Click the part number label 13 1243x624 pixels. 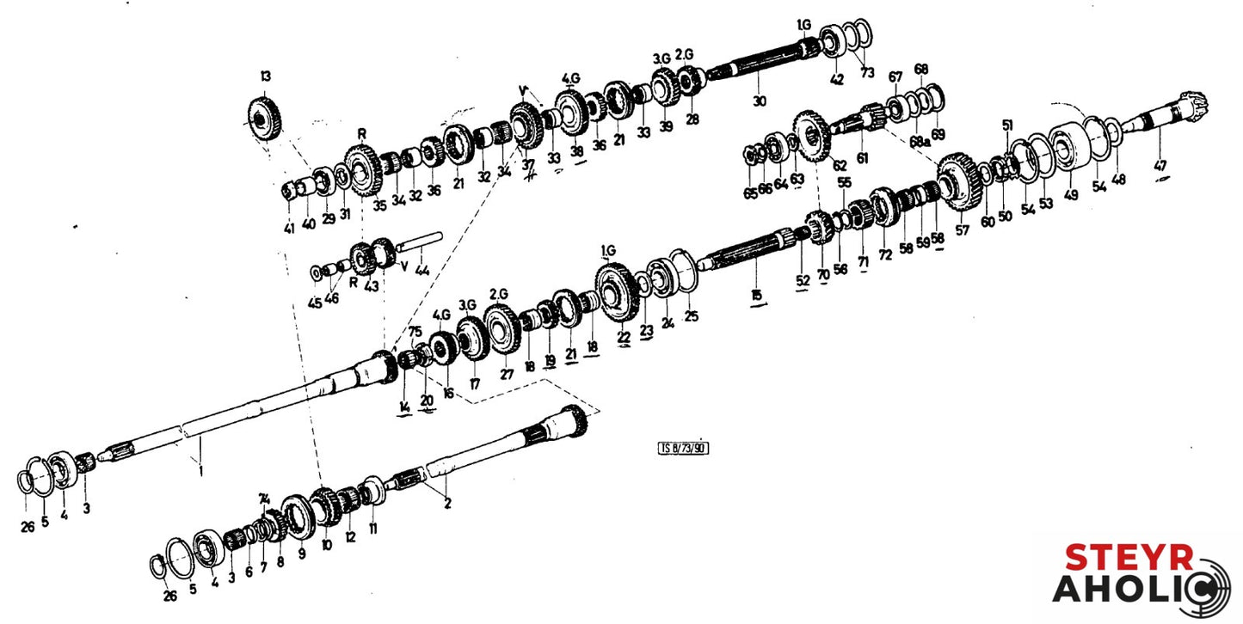pyautogui.click(x=264, y=76)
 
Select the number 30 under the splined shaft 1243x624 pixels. pyautogui.click(x=758, y=101)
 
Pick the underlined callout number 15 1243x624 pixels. pyautogui.click(x=756, y=296)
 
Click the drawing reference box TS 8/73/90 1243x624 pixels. pyautogui.click(x=685, y=447)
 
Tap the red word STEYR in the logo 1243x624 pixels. pyautogui.click(x=1129, y=558)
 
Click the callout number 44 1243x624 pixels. pyautogui.click(x=422, y=270)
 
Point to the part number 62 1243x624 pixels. pyautogui.click(x=840, y=164)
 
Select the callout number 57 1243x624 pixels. pyautogui.click(x=962, y=230)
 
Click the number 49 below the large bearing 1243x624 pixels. pyautogui.click(x=1070, y=194)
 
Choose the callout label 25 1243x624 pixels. pyautogui.click(x=692, y=316)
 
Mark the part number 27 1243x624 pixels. pyautogui.click(x=507, y=374)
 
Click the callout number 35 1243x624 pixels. pyautogui.click(x=379, y=205)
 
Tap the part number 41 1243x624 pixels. pyautogui.click(x=289, y=228)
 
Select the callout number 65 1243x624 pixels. pyautogui.click(x=751, y=193)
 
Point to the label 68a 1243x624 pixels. pyautogui.click(x=920, y=139)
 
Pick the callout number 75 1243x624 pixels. pyautogui.click(x=415, y=332)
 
